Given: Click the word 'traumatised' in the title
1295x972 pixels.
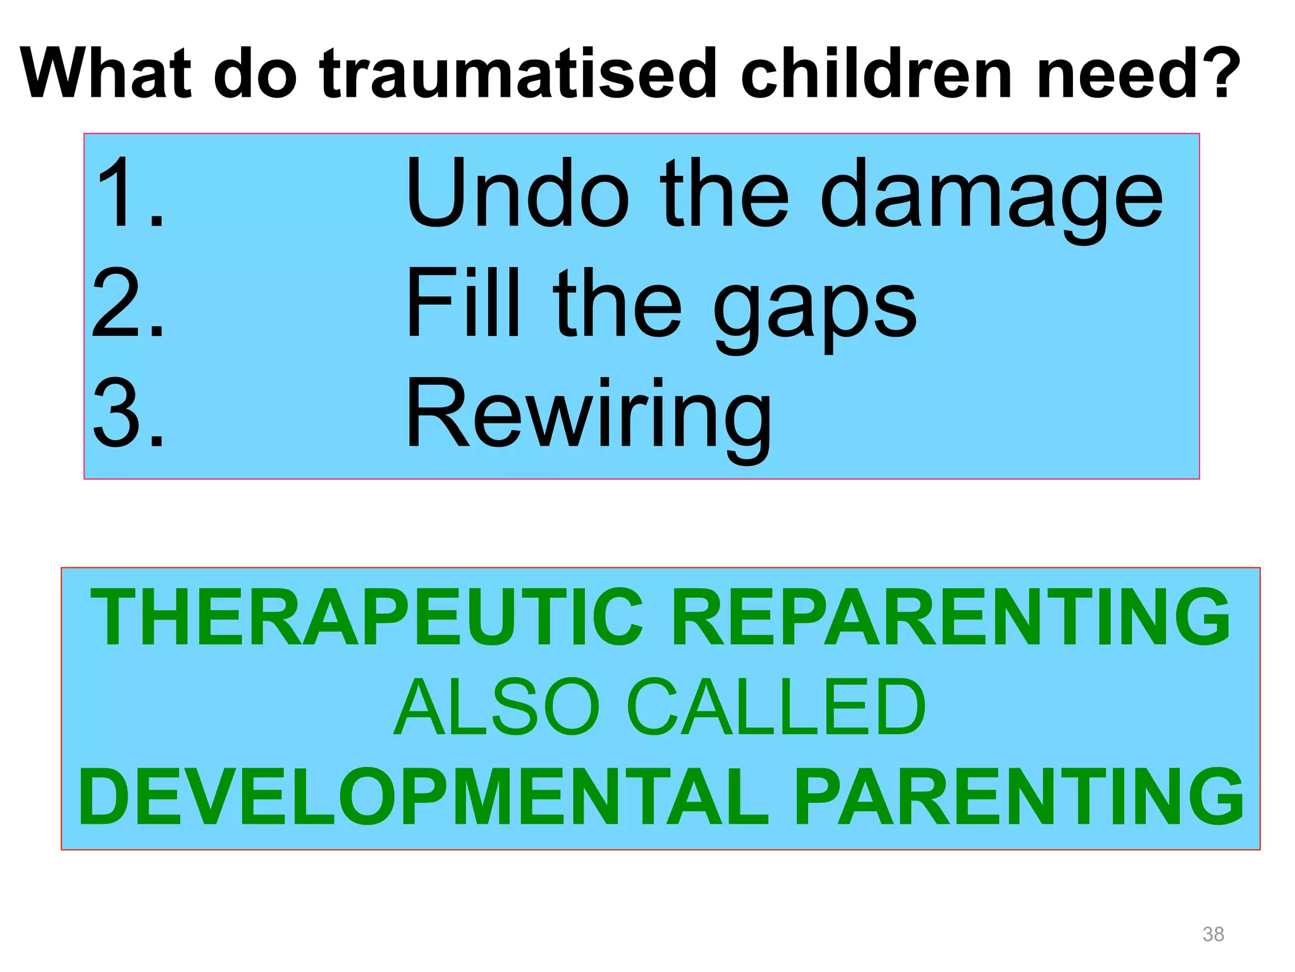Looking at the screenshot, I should (x=518, y=74).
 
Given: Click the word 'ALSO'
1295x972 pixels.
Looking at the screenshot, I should (x=496, y=706).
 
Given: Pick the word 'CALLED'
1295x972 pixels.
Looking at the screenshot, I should (x=776, y=706).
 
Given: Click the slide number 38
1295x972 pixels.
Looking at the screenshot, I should (x=1213, y=934).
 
